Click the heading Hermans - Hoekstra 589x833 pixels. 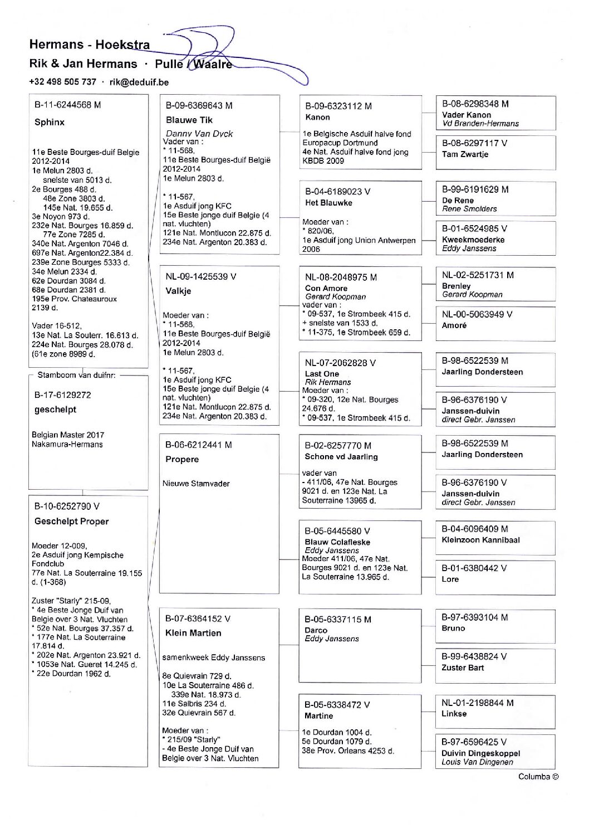pos(89,45)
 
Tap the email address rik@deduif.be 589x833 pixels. pos(139,82)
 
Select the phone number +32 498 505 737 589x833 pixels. pos(62,82)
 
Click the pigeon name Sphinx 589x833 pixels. pos(50,122)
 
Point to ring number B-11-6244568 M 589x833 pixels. pos(67,105)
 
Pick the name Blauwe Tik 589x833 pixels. pos(189,120)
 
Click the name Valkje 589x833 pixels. pos(178,291)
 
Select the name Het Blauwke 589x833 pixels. pos(328,203)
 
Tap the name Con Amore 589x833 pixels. pos(326,288)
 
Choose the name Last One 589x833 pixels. pos(322,374)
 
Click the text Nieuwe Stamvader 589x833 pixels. pos(196,484)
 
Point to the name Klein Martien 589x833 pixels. pos(193,633)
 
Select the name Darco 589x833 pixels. pos(316,630)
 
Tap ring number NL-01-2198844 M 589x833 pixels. pos(478,703)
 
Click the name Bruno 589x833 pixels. pos(453,628)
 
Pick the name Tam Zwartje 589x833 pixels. pos(465,154)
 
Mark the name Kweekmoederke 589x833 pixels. pos(473,240)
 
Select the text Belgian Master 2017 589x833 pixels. pos(68,435)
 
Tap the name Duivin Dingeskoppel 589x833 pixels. pos(480,753)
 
